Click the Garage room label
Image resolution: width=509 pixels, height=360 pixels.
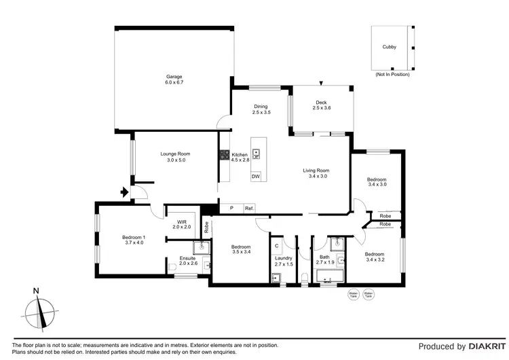click(x=174, y=79)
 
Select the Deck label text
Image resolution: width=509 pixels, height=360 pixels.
click(x=320, y=104)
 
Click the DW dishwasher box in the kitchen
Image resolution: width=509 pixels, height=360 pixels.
click(x=256, y=177)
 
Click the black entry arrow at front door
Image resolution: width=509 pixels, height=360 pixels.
click(x=124, y=193)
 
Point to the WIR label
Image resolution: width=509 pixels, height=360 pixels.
click(x=182, y=223)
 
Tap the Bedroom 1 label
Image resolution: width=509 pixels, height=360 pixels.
click(x=134, y=240)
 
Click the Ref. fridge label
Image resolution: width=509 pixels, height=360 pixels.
click(x=249, y=208)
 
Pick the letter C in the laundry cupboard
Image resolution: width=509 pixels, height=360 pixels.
click(x=277, y=245)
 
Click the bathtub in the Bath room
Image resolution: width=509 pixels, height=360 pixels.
click(x=331, y=277)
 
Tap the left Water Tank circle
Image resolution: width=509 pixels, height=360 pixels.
click(x=352, y=295)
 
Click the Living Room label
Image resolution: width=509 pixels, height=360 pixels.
click(x=316, y=173)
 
